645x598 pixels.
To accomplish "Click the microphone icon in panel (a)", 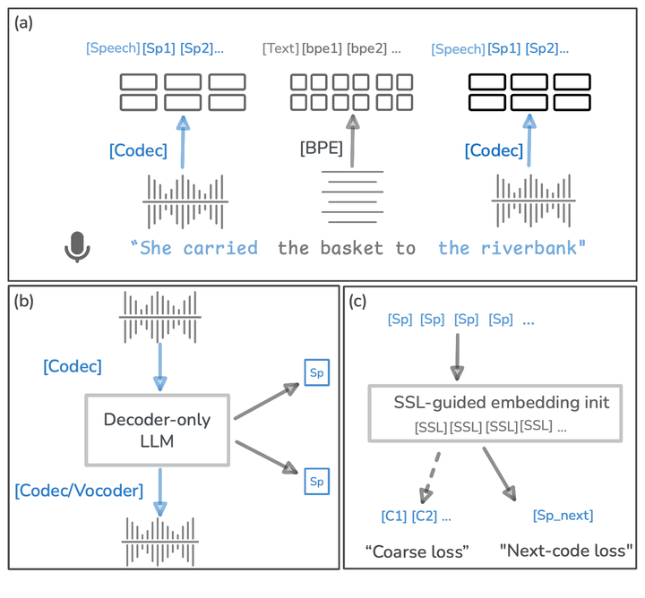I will click(x=78, y=247).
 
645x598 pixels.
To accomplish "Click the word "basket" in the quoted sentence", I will click(x=355, y=248).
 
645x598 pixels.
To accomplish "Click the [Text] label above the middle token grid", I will click(x=280, y=48).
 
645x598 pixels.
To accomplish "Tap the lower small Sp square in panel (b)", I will click(x=316, y=481).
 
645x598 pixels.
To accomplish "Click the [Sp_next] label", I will click(x=563, y=516).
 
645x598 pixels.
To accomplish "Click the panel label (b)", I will click(x=24, y=302).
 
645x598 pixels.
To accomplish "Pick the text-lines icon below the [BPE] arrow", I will click(x=353, y=199).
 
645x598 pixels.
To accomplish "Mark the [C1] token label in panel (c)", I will click(x=393, y=517).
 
